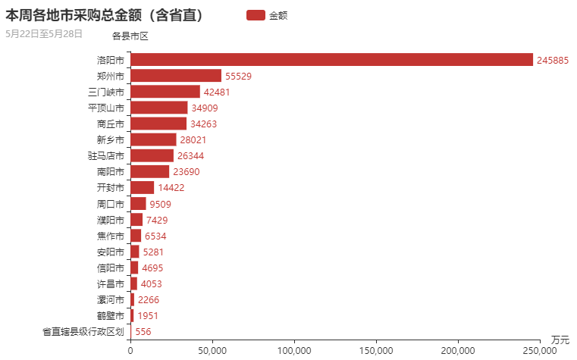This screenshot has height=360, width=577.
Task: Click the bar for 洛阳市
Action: (x=331, y=60)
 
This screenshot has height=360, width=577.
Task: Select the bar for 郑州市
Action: (x=176, y=76)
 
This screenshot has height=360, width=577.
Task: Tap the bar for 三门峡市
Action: (x=165, y=92)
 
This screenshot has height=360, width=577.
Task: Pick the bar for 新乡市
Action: (x=153, y=139)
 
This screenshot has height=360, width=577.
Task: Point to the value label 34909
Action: (x=204, y=108)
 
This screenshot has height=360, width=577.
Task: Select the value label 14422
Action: (x=171, y=188)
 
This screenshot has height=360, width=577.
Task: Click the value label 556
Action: (x=143, y=332)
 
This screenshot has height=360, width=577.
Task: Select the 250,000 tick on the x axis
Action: (x=540, y=350)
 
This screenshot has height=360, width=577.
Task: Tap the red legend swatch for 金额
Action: (x=256, y=15)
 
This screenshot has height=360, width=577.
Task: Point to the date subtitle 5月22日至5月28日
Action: (x=44, y=33)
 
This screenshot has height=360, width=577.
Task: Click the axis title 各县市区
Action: (x=130, y=36)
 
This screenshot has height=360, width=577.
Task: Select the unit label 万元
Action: (x=560, y=339)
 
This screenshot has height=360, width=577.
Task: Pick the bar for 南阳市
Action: (x=150, y=172)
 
